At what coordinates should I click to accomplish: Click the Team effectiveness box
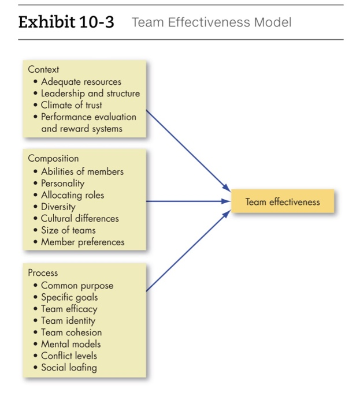282,201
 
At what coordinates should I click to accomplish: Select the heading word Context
43,69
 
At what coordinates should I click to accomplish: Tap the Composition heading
53,158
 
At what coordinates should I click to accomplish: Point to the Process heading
43,272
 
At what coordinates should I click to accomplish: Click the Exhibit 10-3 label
66,23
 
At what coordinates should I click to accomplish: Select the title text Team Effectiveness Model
211,23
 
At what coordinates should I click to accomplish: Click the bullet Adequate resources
81,81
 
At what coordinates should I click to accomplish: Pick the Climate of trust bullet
71,105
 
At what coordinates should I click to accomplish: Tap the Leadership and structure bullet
90,93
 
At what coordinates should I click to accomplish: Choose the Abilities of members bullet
82,171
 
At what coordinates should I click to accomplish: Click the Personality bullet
62,183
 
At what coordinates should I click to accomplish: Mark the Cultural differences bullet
80,218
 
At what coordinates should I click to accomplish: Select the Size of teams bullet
68,230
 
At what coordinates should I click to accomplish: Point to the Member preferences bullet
83,242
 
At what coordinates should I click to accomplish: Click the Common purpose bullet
77,285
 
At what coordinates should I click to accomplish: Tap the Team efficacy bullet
69,309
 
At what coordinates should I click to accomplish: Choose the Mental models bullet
70,344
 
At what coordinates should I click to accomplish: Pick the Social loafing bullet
69,368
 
